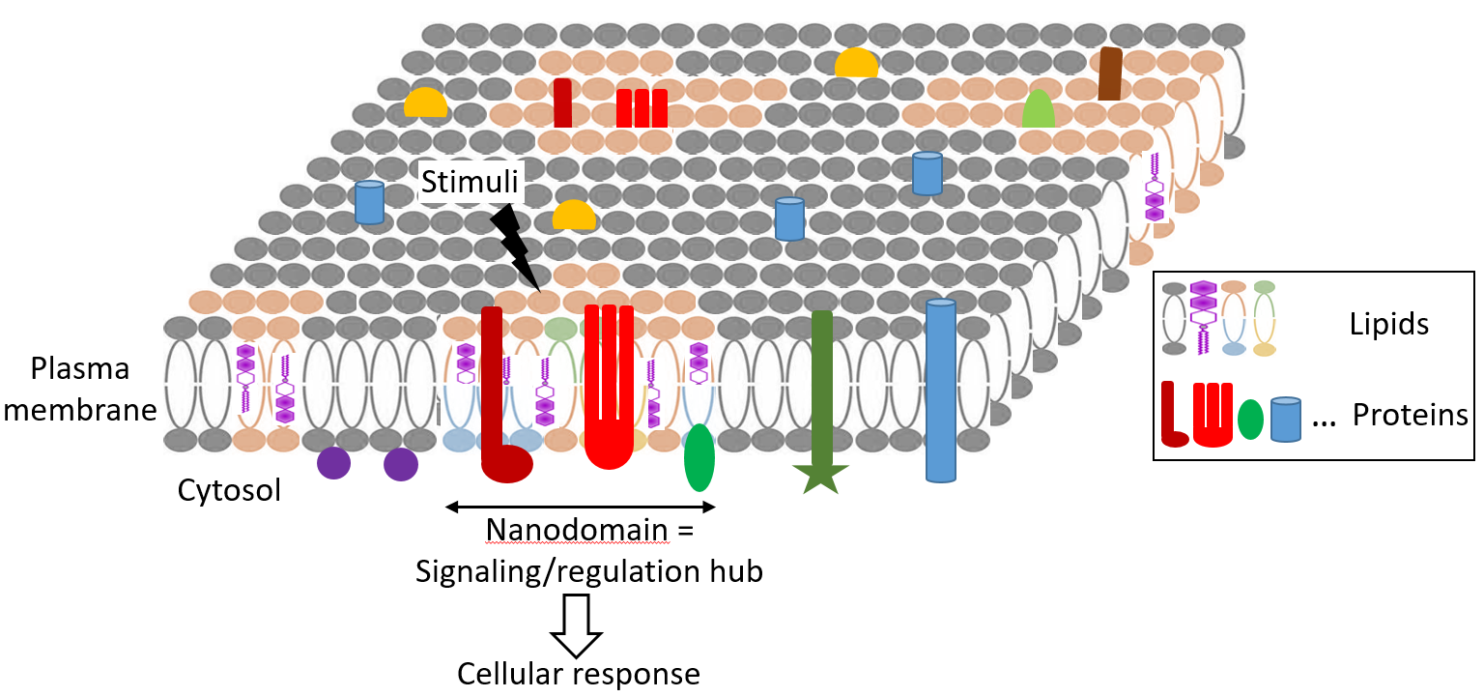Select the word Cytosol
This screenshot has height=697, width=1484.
click(229, 490)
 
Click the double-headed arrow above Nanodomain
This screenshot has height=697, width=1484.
click(580, 507)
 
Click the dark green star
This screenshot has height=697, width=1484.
click(820, 478)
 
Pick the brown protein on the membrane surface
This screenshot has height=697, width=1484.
click(1110, 74)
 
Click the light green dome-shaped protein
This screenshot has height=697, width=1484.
click(1038, 109)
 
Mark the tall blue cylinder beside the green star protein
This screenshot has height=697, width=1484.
click(940, 391)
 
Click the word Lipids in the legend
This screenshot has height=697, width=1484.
click(1389, 324)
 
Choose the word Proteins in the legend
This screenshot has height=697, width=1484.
click(1410, 415)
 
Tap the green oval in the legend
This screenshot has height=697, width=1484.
click(1250, 419)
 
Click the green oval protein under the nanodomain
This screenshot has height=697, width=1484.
click(699, 458)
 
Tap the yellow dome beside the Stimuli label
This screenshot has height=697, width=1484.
click(574, 216)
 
